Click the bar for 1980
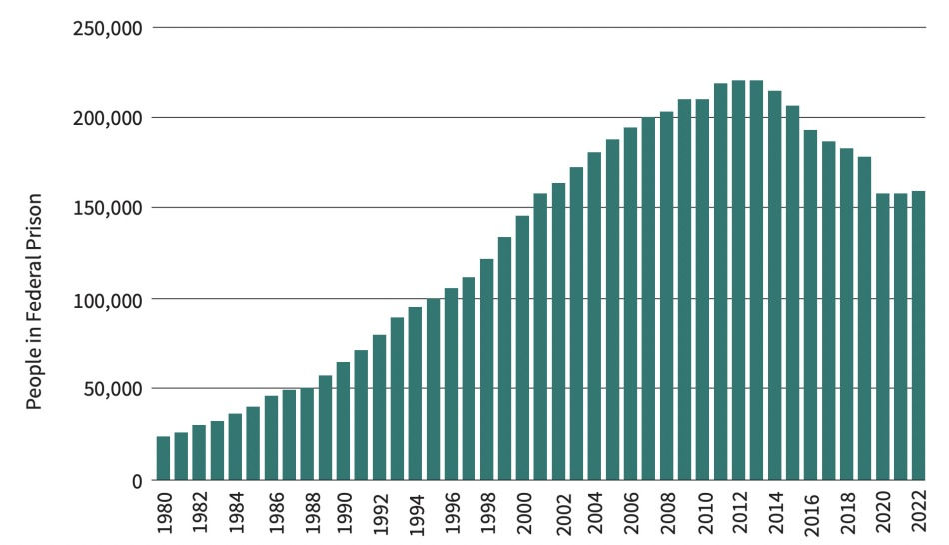[163, 458]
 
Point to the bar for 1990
[343, 420]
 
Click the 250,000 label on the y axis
[107, 27]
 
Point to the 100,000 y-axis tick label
[107, 299]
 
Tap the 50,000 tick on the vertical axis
[111, 389]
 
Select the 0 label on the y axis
[136, 480]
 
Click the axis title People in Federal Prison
[34, 300]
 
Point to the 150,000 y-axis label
[107, 208]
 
